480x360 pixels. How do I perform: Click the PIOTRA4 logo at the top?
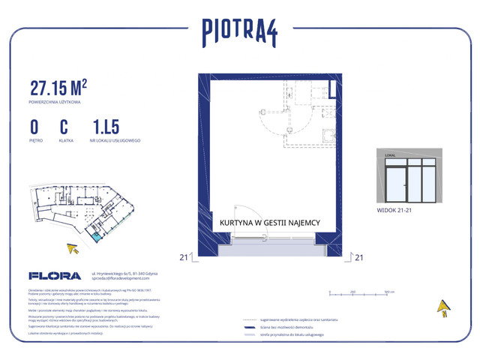239,31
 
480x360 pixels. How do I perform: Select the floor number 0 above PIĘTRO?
34,125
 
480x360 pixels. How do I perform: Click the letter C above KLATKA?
64,125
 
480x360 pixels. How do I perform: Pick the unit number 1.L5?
106,125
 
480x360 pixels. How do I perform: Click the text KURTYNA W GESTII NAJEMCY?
270,223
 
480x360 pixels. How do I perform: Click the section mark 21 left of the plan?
184,257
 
